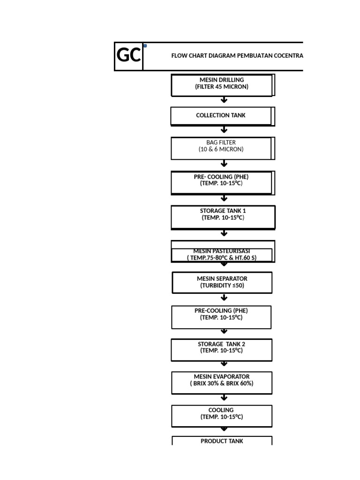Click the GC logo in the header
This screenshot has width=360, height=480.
tap(128, 56)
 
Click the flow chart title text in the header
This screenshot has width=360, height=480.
tap(237, 55)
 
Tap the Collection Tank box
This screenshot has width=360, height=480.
tap(221, 115)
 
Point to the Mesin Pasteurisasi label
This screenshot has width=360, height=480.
tap(222, 252)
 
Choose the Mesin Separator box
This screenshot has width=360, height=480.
tap(222, 282)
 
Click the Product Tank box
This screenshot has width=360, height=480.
tap(222, 441)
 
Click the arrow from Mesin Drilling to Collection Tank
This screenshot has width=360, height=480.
tap(224, 100)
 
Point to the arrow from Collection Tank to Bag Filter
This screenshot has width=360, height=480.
tap(224, 130)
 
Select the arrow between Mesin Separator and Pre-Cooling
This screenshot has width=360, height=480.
tap(224, 298)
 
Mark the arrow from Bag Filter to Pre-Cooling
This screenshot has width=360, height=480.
tap(224, 163)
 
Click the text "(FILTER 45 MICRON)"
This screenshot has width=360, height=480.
tap(222, 87)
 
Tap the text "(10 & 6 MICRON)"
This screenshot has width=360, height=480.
tap(221, 150)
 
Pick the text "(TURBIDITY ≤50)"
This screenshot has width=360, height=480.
tap(222, 285)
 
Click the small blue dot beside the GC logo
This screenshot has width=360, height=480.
tap(145, 46)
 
